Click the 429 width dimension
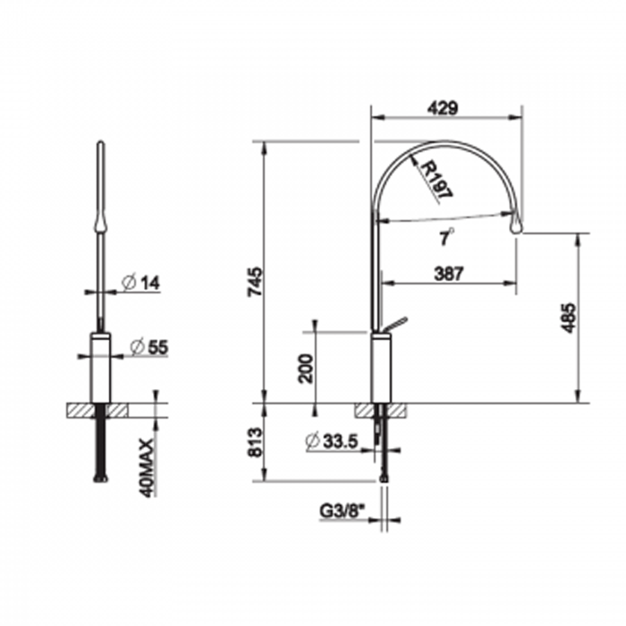(x=443, y=108)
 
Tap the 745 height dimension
(x=256, y=282)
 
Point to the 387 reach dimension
(x=448, y=274)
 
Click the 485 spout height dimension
(x=568, y=318)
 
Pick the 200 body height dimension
(x=307, y=368)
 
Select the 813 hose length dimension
(x=256, y=442)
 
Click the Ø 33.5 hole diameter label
(x=332, y=441)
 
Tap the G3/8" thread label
(x=343, y=511)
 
